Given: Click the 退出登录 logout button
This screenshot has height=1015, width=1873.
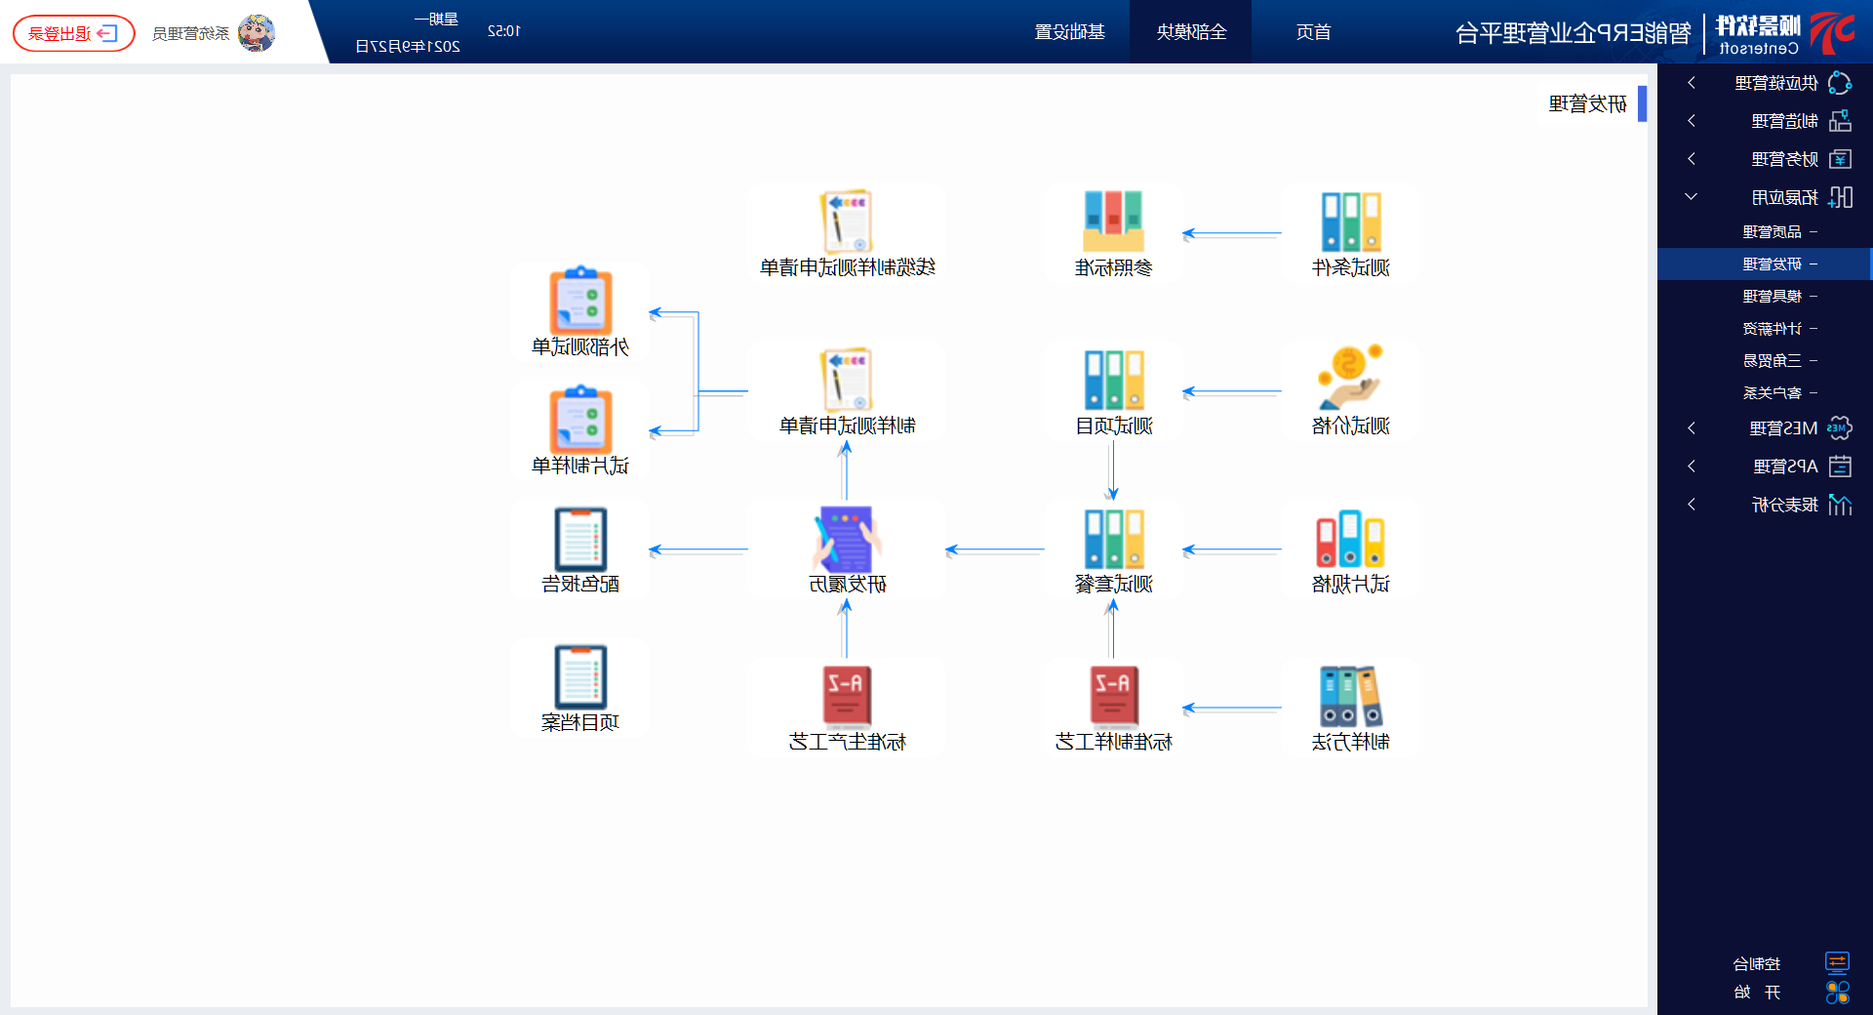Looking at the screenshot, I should (73, 33).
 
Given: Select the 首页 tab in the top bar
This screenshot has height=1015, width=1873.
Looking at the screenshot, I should (1313, 32).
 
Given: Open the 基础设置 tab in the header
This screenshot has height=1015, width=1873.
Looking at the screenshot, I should (1069, 32).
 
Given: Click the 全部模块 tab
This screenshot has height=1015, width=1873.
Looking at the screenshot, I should (1191, 32).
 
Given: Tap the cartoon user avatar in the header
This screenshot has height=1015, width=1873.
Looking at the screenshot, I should (257, 33).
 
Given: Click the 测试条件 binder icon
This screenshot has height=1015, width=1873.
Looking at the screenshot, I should (1351, 222).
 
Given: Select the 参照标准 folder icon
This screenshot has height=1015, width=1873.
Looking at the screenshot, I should (1113, 222).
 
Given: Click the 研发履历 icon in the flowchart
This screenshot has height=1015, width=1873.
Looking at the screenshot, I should (846, 539).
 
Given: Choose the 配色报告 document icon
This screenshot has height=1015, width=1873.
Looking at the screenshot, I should (580, 539).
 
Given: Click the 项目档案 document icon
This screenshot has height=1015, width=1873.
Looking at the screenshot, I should (580, 676).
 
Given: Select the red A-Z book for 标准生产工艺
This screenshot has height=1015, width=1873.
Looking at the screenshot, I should (846, 696).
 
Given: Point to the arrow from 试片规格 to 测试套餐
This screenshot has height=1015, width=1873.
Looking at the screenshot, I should (1231, 550).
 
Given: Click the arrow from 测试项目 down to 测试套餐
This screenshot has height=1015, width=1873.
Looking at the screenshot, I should (1112, 470).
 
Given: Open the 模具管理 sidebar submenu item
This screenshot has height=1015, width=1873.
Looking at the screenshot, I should (1772, 297).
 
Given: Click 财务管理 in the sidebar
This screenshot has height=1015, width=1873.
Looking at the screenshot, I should (1784, 159).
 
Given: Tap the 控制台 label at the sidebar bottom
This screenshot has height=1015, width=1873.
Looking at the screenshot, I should (1756, 964).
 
